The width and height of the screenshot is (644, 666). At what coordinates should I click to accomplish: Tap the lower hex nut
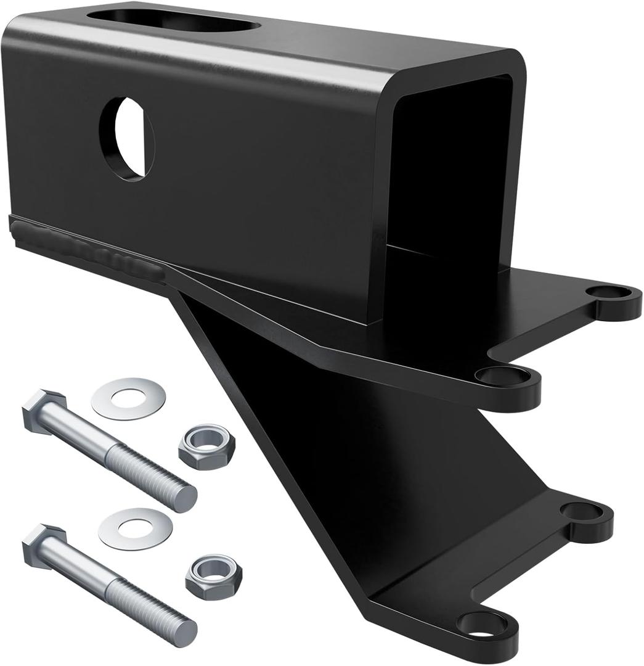pyautogui.click(x=213, y=576)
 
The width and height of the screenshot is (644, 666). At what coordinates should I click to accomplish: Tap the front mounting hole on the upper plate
pyautogui.click(x=497, y=374)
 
